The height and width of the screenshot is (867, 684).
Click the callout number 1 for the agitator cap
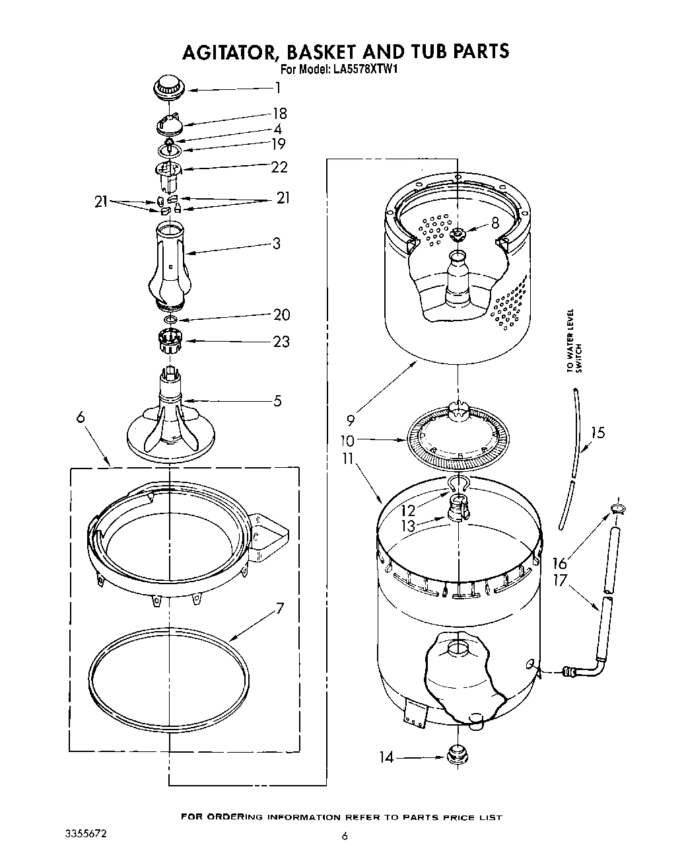click(278, 88)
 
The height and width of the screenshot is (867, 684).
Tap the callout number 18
click(279, 114)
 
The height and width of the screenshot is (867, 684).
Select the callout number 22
click(279, 167)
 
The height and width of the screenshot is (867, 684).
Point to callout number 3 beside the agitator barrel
click(276, 243)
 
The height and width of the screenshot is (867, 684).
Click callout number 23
click(281, 342)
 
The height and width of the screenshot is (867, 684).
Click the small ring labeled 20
click(171, 320)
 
